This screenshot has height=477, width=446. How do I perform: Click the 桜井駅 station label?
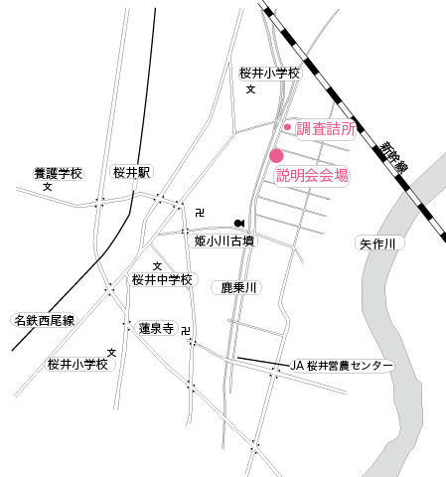pos(131,172)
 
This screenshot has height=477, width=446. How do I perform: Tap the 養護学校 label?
pos(59,174)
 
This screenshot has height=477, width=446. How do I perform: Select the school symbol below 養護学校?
pos(48,187)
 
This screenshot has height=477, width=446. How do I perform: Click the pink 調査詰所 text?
pos(326,128)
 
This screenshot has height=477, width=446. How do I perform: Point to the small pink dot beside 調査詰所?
pos(287,127)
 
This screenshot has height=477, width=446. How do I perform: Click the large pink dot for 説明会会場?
pos(276,156)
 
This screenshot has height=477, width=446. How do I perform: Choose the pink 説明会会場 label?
pos(312,175)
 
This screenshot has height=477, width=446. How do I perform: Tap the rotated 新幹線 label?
pos(393,157)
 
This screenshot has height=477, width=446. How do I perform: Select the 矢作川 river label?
pos(377,244)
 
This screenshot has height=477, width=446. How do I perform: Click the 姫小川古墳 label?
pos(224,241)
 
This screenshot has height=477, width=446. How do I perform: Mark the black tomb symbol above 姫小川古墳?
pos(239,224)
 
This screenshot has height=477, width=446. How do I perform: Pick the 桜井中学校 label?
pos(162,280)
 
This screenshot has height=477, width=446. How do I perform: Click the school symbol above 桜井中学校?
pos(157,266)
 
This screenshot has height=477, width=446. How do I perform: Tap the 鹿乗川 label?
pos(238,288)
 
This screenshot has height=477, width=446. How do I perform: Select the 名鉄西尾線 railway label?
pos(45,320)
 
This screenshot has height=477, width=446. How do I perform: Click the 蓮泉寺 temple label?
pos(156,329)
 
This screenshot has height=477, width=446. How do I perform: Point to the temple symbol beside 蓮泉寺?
pos(186,331)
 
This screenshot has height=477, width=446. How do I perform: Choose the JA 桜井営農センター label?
pos(342,366)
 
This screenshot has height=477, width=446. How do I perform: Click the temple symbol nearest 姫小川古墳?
pos(200,213)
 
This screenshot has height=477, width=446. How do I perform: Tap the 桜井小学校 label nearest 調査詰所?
pos(270,74)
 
